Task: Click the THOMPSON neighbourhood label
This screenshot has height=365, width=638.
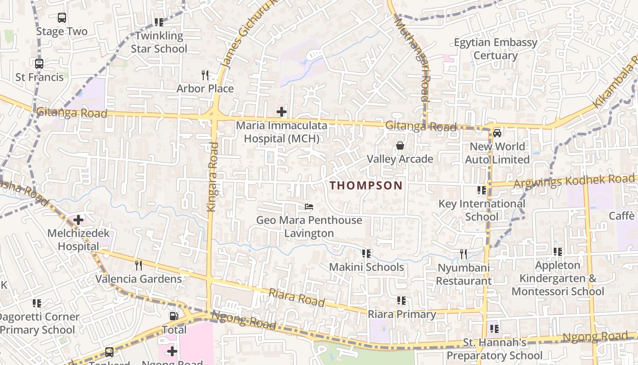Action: (x=366, y=185)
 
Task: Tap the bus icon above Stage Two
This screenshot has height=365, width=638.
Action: (x=62, y=18)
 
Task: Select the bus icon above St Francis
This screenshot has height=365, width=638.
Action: (x=39, y=64)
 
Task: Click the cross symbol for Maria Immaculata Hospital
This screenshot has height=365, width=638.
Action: (x=282, y=111)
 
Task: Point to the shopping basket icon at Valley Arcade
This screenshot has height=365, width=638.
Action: (x=400, y=146)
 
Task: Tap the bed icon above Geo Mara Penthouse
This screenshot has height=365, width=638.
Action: (x=309, y=207)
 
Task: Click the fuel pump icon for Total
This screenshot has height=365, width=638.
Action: (x=174, y=316)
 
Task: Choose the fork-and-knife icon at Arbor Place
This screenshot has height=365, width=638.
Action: (x=205, y=75)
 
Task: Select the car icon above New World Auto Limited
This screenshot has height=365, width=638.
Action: (x=497, y=133)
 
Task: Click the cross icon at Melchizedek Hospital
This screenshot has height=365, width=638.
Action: (x=78, y=220)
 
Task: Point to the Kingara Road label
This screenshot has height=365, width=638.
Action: (x=213, y=177)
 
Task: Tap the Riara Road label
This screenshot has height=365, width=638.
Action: (x=296, y=297)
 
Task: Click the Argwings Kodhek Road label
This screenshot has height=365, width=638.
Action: (x=574, y=181)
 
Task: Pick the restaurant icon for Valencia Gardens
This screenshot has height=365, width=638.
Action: (x=139, y=265)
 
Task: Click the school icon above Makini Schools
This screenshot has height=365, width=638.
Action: (x=366, y=253)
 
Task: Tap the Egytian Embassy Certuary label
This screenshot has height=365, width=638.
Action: (x=495, y=49)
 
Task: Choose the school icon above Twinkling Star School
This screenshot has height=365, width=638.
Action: (x=159, y=22)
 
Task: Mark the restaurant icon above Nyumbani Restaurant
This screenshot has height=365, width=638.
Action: (x=463, y=254)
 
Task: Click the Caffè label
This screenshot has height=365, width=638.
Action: (x=622, y=216)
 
